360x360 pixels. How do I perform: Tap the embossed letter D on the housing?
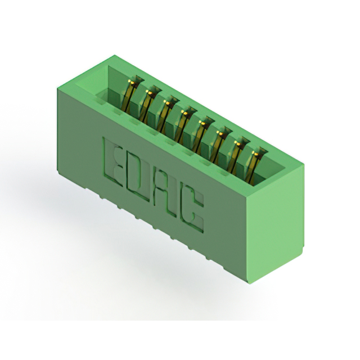[141, 173]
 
